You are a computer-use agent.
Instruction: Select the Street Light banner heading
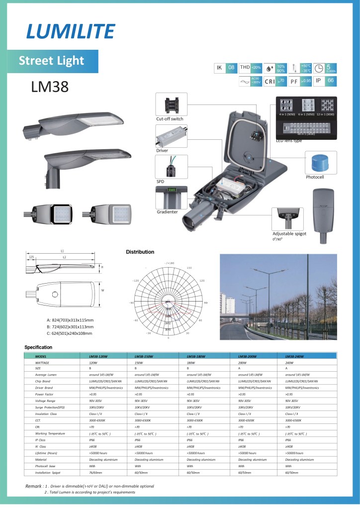[x=51, y=61]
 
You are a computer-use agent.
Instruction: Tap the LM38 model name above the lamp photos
[x=50, y=87]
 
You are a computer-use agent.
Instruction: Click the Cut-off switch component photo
[x=172, y=103]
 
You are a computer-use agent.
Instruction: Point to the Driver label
[x=162, y=150]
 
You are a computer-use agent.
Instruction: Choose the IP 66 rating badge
[x=325, y=80]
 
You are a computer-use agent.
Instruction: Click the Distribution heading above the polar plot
[x=140, y=252]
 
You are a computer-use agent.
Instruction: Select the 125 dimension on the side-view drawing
[x=31, y=257]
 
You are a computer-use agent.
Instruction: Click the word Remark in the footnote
[x=33, y=486]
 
